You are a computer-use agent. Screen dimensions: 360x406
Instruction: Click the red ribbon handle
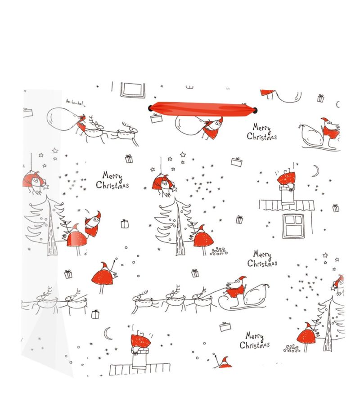[202, 108]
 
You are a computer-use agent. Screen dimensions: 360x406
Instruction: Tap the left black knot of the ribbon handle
[150, 108]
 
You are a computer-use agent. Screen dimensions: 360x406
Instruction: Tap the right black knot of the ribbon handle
[256, 110]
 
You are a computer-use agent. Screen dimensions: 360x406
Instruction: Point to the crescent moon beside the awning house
[316, 171]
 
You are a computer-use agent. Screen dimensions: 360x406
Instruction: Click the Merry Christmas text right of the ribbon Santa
[262, 132]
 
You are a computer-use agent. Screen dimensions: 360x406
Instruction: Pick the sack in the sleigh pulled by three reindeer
[256, 294]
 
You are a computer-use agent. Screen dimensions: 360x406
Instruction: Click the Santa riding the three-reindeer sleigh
[235, 287]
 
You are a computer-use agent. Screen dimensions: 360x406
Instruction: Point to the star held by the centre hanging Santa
[174, 189]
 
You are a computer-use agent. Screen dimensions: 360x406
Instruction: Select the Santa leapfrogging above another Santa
[93, 223]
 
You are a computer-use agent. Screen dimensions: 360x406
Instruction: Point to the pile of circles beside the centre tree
[219, 251]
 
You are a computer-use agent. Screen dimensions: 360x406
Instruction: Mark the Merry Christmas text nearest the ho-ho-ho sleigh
[112, 180]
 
